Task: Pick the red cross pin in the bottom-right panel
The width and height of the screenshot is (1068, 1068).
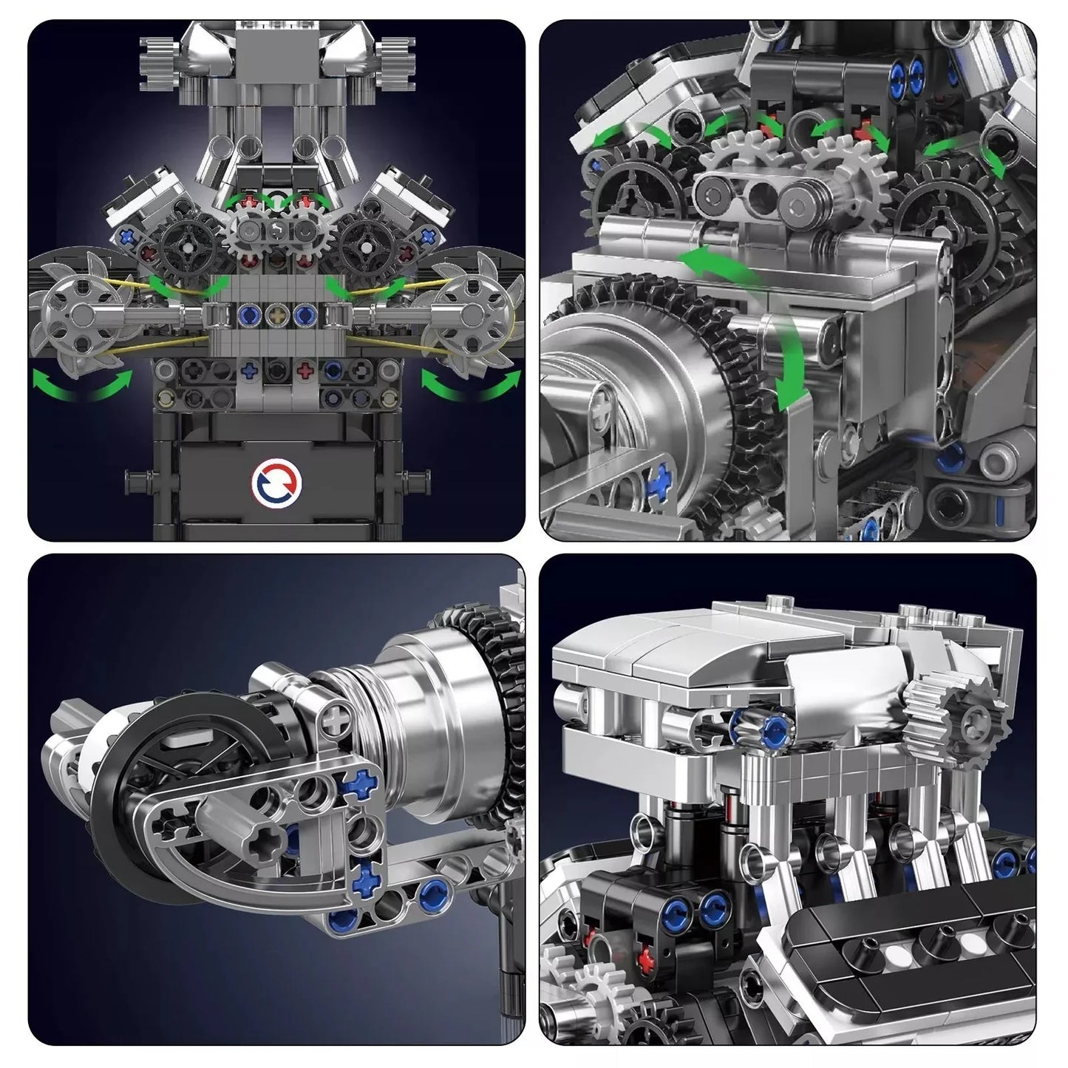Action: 647,959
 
